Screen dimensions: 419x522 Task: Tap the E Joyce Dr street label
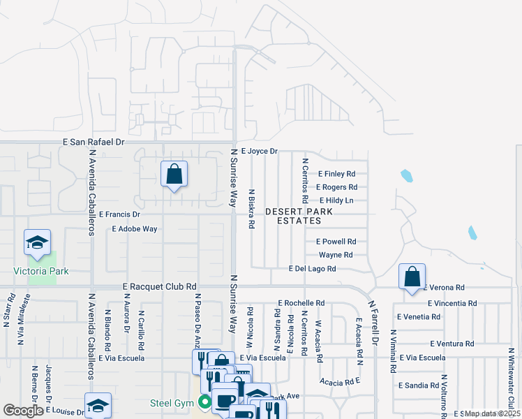click(259, 151)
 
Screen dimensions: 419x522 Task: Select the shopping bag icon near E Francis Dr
click(174, 174)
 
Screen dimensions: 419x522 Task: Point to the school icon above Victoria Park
click(38, 242)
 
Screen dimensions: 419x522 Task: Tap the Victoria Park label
click(40, 271)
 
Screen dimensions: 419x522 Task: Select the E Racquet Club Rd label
click(160, 286)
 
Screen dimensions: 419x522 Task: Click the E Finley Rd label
click(337, 174)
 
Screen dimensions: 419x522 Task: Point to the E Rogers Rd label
click(336, 187)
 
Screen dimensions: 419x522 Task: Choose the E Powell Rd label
click(336, 242)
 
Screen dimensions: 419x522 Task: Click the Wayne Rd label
click(336, 255)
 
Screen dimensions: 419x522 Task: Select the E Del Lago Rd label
click(312, 269)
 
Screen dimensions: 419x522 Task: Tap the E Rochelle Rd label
click(301, 303)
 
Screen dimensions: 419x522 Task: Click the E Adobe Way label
click(135, 228)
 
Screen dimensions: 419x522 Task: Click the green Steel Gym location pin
click(204, 402)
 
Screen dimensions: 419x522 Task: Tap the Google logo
click(24, 410)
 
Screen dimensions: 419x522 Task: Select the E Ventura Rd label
click(452, 344)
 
